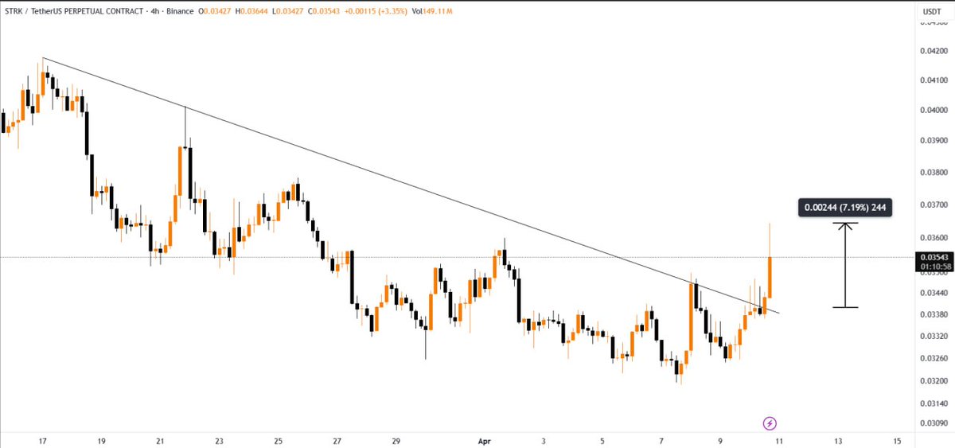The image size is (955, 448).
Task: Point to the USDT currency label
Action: pos(931,11)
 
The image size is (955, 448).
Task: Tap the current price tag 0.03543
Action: pos(932,257)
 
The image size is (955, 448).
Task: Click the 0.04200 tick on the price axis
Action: pos(932,50)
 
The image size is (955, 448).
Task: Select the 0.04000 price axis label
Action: pos(932,110)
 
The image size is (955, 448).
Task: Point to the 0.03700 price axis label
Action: pos(932,205)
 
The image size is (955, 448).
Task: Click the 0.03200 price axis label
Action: pos(932,380)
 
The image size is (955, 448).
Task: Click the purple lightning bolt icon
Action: pos(770,423)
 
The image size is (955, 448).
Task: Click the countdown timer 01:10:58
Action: pos(932,268)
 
